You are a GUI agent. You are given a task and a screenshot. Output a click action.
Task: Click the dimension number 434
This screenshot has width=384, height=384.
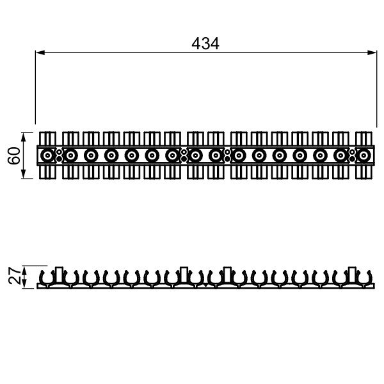tap(205, 44)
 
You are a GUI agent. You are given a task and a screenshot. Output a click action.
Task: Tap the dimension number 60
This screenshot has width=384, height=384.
tap(13, 156)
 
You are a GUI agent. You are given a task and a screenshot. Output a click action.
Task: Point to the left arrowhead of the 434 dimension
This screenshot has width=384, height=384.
tap(40, 52)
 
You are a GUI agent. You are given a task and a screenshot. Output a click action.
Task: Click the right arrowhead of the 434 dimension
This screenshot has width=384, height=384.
tap(372, 52)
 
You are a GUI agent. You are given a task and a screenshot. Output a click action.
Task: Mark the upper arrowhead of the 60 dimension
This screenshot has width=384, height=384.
tap(24, 137)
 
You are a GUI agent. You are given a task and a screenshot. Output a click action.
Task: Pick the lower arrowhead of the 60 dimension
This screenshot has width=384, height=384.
tap(24, 174)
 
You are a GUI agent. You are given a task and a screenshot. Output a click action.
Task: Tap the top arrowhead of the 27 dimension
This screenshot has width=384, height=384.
tap(24, 270)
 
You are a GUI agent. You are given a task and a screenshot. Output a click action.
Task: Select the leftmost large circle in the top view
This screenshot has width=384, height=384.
tap(47, 156)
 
